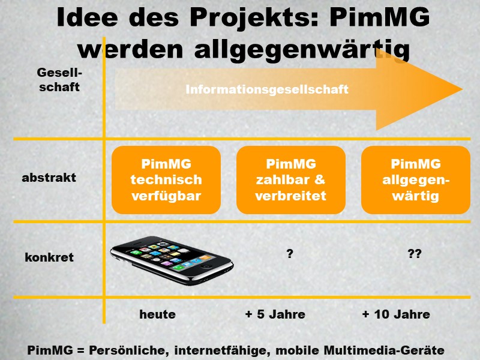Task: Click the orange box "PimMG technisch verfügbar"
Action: coord(166,180)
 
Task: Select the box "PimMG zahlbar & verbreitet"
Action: coord(291,180)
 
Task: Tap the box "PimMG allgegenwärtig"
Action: coord(415,180)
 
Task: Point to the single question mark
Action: coord(290,254)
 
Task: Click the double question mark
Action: coord(415,254)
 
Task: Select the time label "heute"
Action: coord(157,314)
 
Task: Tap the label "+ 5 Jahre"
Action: coord(275,314)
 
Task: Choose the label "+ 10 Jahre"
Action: coord(396,314)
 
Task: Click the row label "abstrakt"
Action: coord(49,178)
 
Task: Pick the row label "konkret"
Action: coord(49,257)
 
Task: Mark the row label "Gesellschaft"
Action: coord(58,80)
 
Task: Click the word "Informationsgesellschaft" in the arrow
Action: coord(267,90)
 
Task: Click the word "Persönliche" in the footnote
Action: coord(130,350)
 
